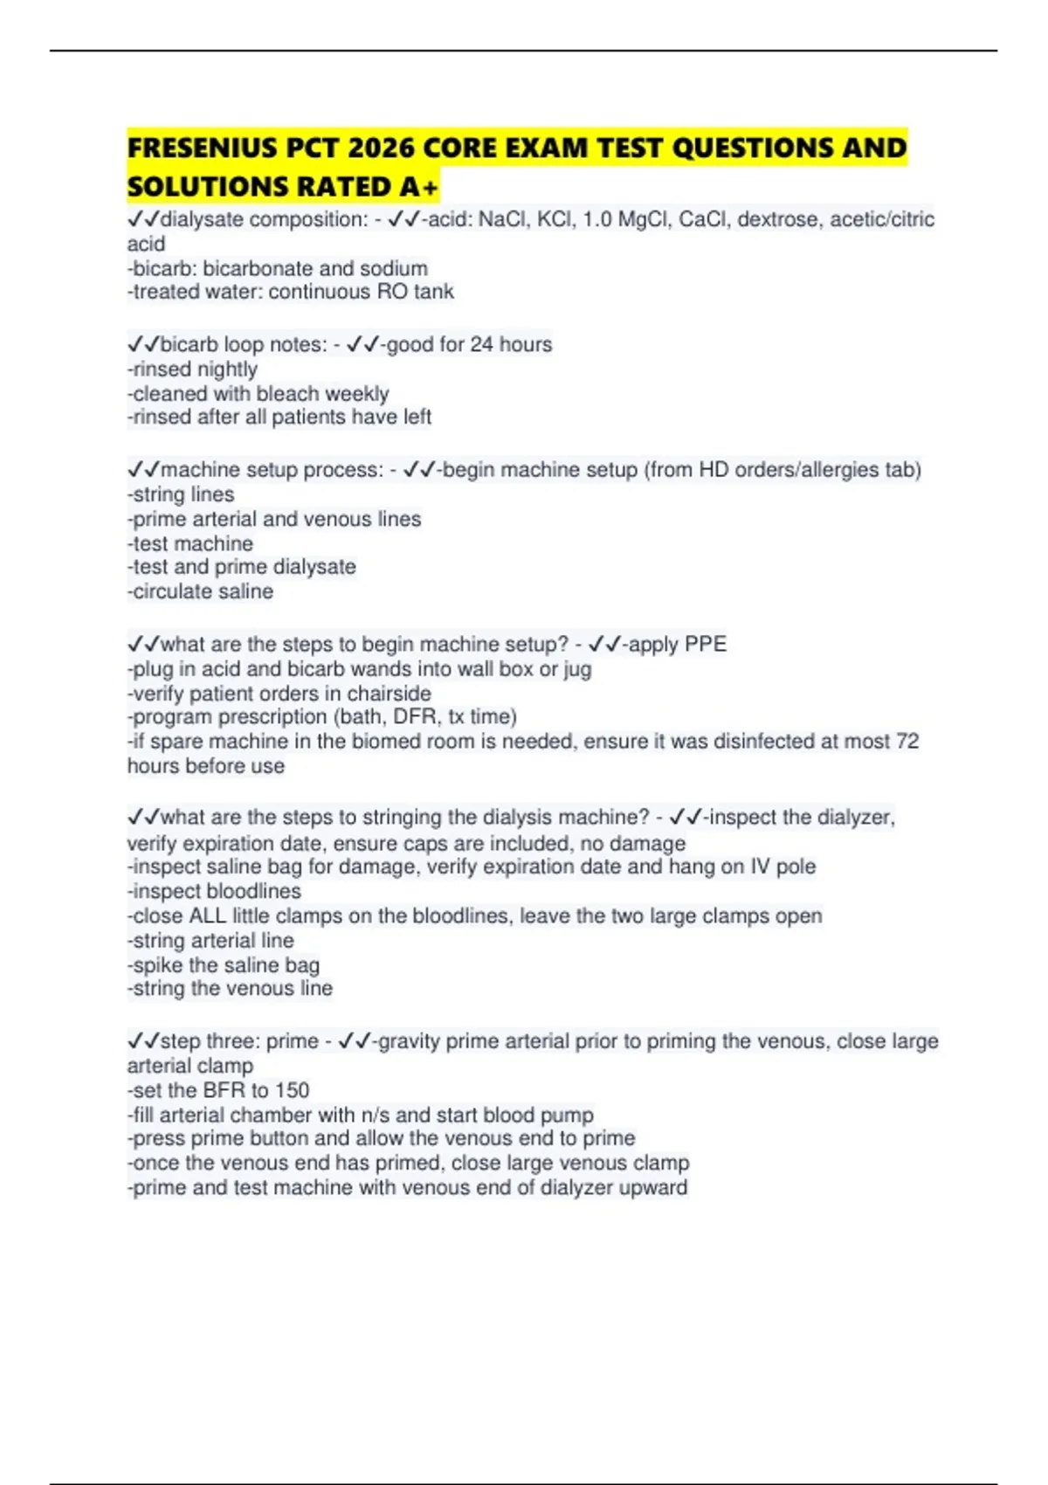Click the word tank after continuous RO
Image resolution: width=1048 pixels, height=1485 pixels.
(x=433, y=292)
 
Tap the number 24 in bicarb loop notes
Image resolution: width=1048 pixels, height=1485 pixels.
(x=481, y=345)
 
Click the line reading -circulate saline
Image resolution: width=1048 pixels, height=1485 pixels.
(x=200, y=591)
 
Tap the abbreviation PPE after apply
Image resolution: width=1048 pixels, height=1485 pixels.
(x=706, y=645)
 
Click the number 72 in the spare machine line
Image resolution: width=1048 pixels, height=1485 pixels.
(x=907, y=742)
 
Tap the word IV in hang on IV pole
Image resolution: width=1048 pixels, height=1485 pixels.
(x=760, y=867)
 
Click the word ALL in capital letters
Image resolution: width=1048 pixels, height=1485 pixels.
(x=207, y=916)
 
